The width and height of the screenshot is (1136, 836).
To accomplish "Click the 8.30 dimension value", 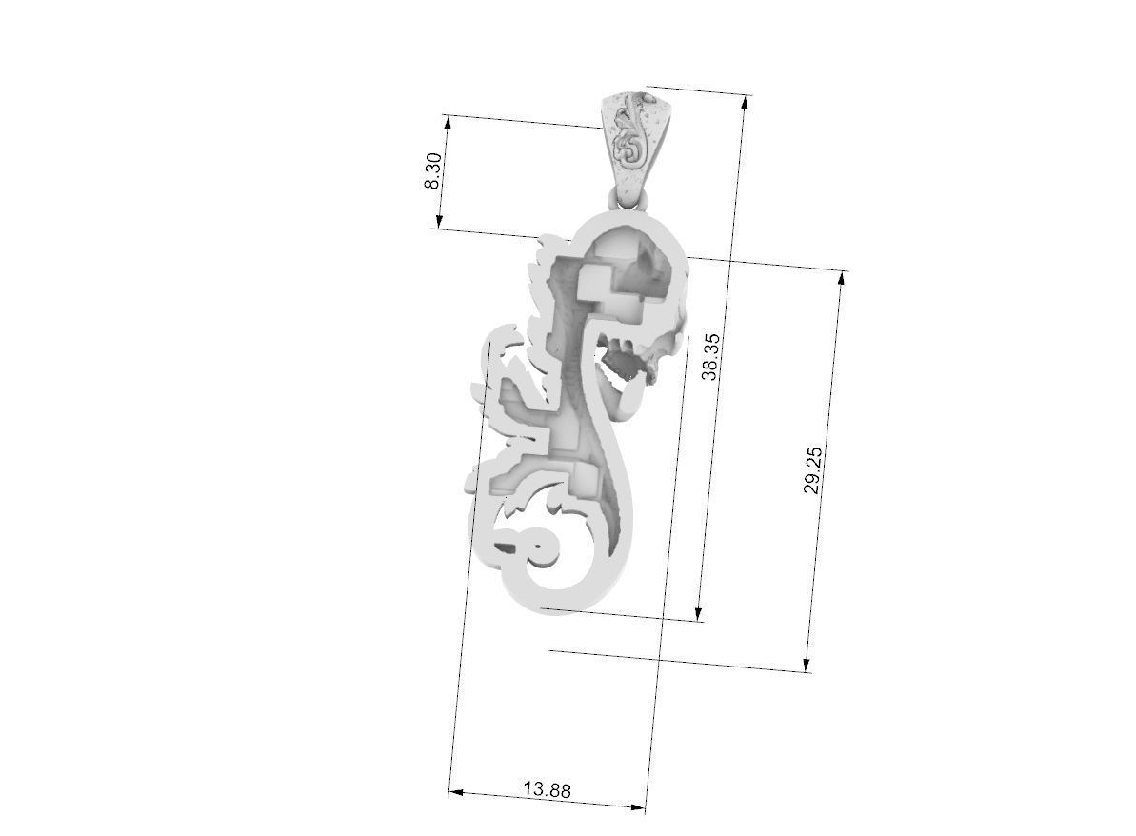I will (433, 170).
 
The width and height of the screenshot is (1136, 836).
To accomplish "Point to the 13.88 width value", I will (547, 789).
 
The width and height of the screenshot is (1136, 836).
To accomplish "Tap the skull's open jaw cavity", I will (625, 366).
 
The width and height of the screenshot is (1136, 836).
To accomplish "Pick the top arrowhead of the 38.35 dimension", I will (743, 100).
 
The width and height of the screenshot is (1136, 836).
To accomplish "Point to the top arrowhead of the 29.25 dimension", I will (842, 277).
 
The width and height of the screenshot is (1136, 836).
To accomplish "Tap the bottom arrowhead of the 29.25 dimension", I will (807, 666).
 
